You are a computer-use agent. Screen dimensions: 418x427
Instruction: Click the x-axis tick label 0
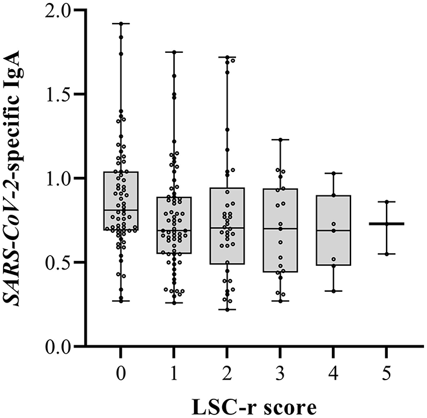[121, 373]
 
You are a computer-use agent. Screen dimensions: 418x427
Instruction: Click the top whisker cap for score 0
[121, 23]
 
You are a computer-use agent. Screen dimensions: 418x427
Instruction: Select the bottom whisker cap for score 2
[227, 310]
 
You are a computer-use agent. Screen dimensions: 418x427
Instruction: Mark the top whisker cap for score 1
[174, 52]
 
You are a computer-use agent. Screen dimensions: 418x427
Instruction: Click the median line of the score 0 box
[121, 210]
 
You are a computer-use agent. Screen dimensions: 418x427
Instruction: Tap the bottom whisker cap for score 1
[174, 303]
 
